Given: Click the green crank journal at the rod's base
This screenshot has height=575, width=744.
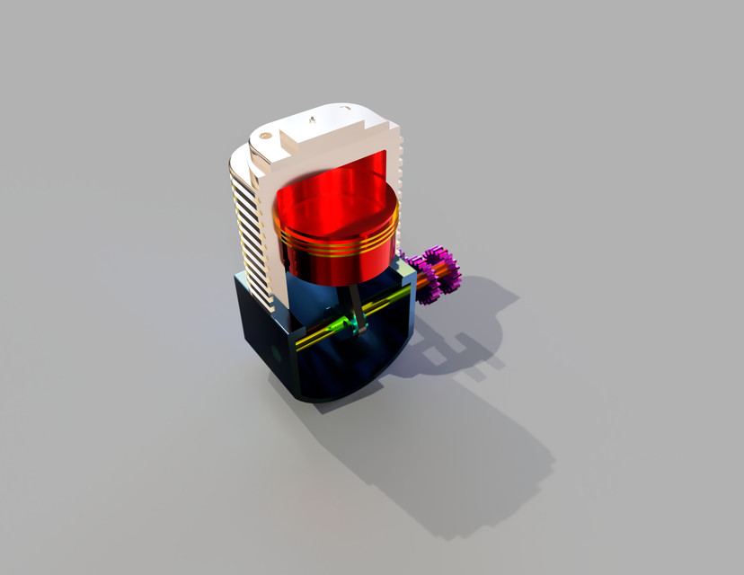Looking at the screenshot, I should tap(346, 322).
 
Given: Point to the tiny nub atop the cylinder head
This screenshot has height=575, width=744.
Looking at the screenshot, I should tap(312, 118).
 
